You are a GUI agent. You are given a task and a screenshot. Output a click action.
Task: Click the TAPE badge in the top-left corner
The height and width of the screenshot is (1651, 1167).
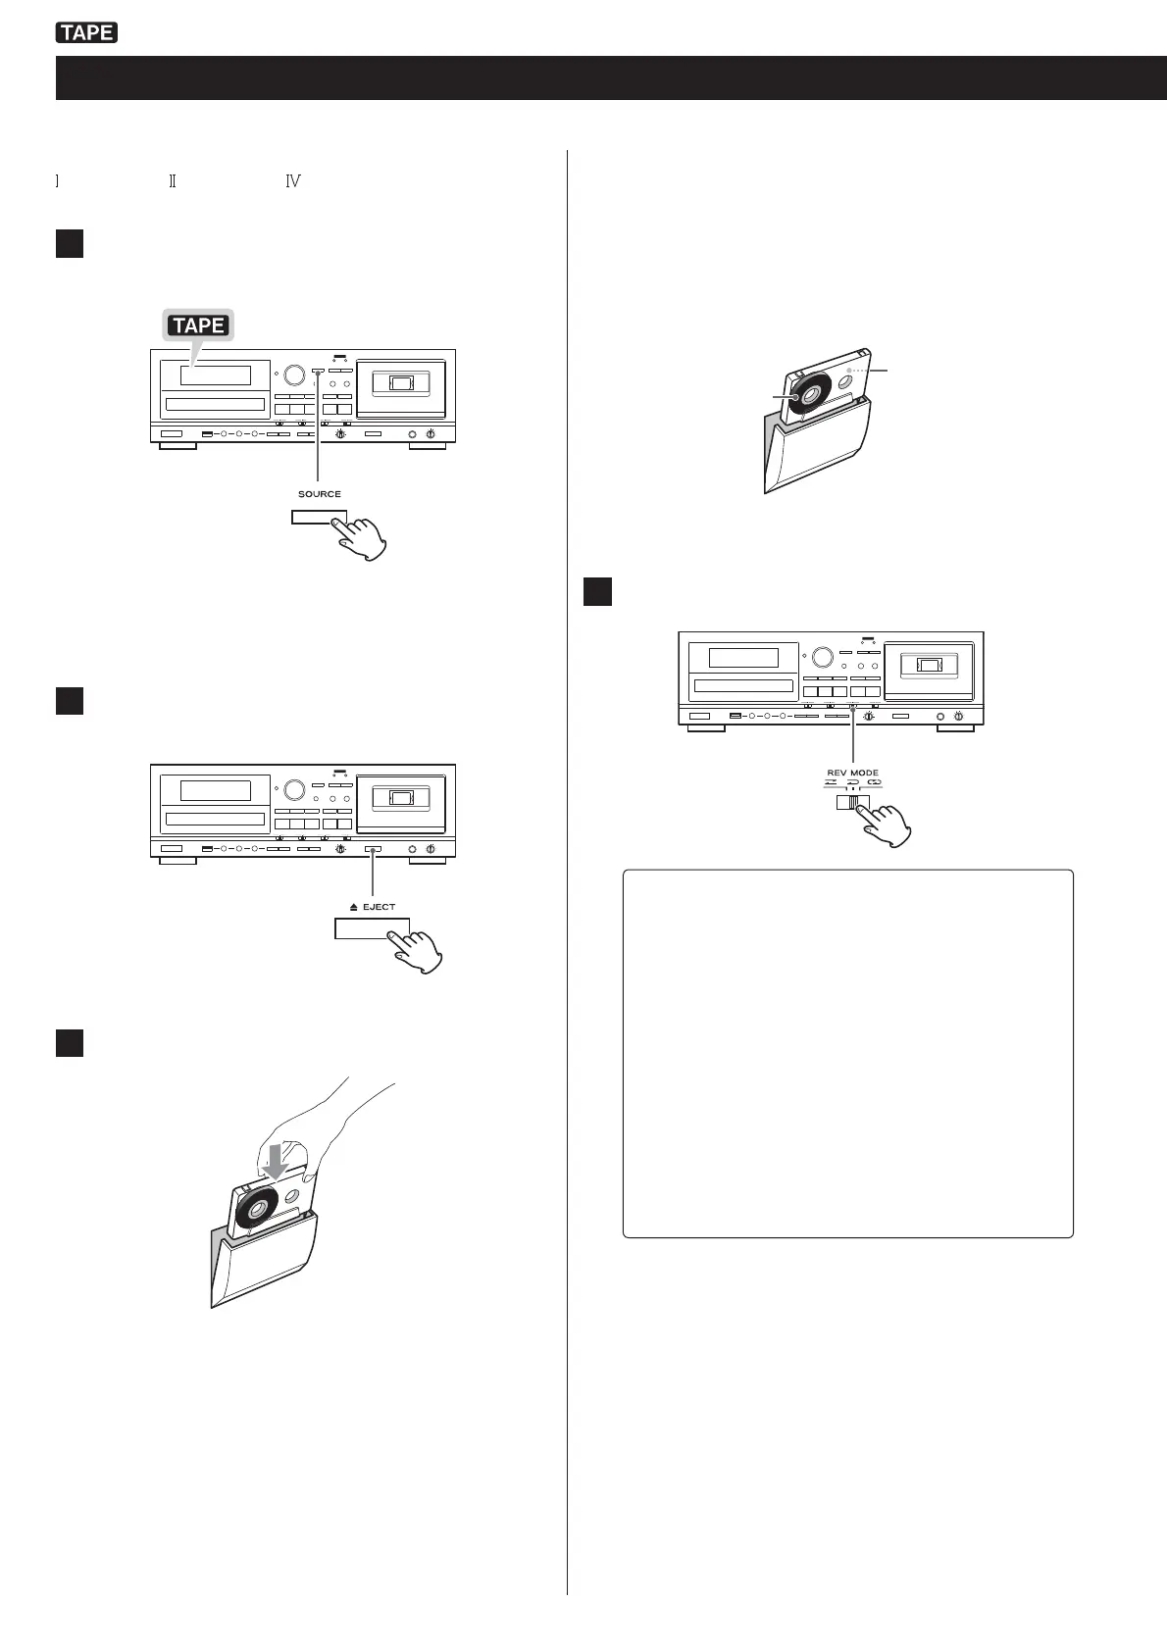(87, 33)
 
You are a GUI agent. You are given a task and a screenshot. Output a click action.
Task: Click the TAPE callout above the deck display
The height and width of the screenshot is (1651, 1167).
(198, 325)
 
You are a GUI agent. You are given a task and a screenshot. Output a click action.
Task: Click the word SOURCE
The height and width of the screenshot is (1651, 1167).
(320, 494)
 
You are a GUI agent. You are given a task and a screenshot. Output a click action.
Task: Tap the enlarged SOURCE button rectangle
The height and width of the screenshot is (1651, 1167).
(319, 518)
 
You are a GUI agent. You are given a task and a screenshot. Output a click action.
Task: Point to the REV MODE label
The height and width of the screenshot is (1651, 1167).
(852, 773)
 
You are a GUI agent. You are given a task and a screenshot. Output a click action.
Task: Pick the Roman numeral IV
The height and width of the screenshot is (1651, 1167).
(292, 181)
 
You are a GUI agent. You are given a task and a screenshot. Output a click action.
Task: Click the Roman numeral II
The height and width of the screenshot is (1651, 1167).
(172, 181)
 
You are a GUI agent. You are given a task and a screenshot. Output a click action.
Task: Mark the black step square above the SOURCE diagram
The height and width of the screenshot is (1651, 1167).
(69, 243)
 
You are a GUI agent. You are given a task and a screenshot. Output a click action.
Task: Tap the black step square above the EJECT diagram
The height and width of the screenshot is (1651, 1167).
(69, 701)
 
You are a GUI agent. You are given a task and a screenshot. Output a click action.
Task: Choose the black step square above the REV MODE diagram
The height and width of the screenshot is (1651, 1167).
(597, 592)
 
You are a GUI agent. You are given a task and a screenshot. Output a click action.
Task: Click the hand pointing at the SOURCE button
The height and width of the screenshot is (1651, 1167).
(362, 538)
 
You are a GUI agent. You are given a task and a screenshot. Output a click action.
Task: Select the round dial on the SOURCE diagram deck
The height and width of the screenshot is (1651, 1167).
(294, 375)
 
